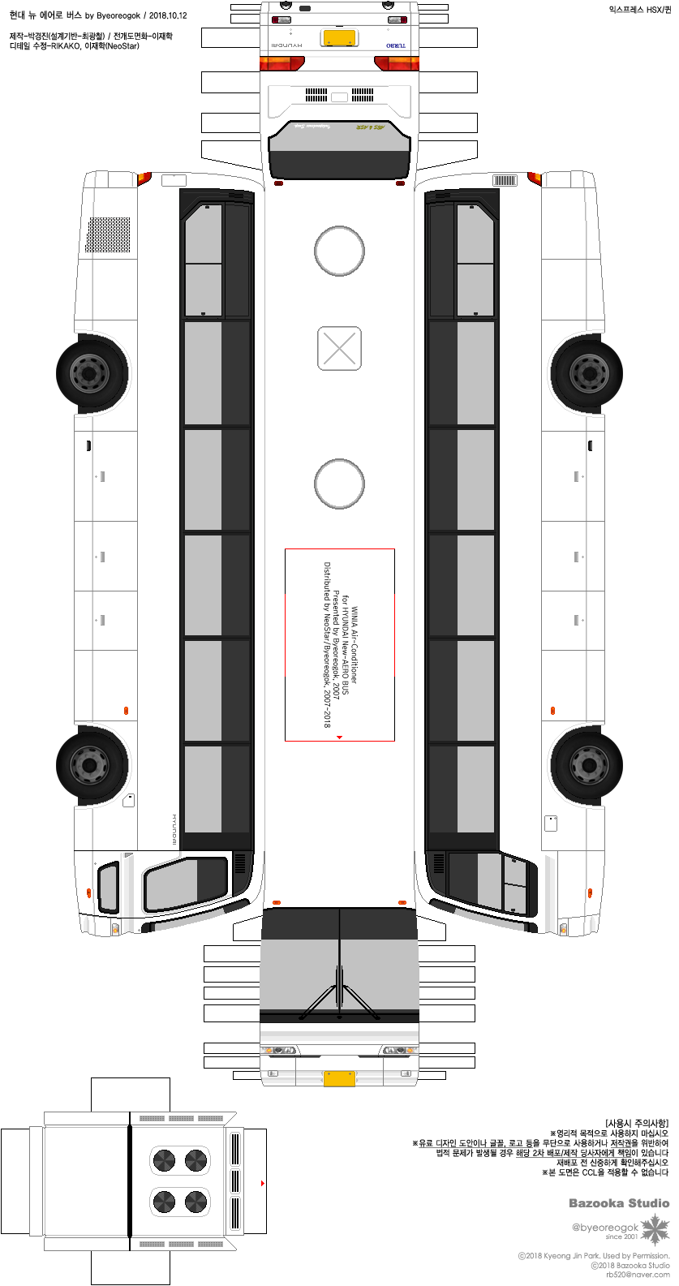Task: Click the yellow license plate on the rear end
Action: pos(339,38)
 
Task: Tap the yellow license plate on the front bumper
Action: pos(339,1078)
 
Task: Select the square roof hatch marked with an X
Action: pos(339,348)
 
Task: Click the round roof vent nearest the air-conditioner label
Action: pos(339,484)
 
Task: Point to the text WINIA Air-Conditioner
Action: pos(355,645)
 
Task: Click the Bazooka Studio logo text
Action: pos(618,1203)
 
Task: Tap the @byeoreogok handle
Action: pos(605,1228)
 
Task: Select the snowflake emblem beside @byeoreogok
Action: pos(655,1230)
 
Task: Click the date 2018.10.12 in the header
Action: pos(168,15)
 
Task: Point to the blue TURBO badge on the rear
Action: pos(397,45)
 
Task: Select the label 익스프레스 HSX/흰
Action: pos(640,10)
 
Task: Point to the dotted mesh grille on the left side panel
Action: pos(109,234)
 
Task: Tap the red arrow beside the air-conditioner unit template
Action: pos(262,1184)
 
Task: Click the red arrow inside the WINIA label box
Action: pos(339,738)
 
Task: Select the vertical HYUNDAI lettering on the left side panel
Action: pos(174,830)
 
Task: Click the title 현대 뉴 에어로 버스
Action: pos(45,15)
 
